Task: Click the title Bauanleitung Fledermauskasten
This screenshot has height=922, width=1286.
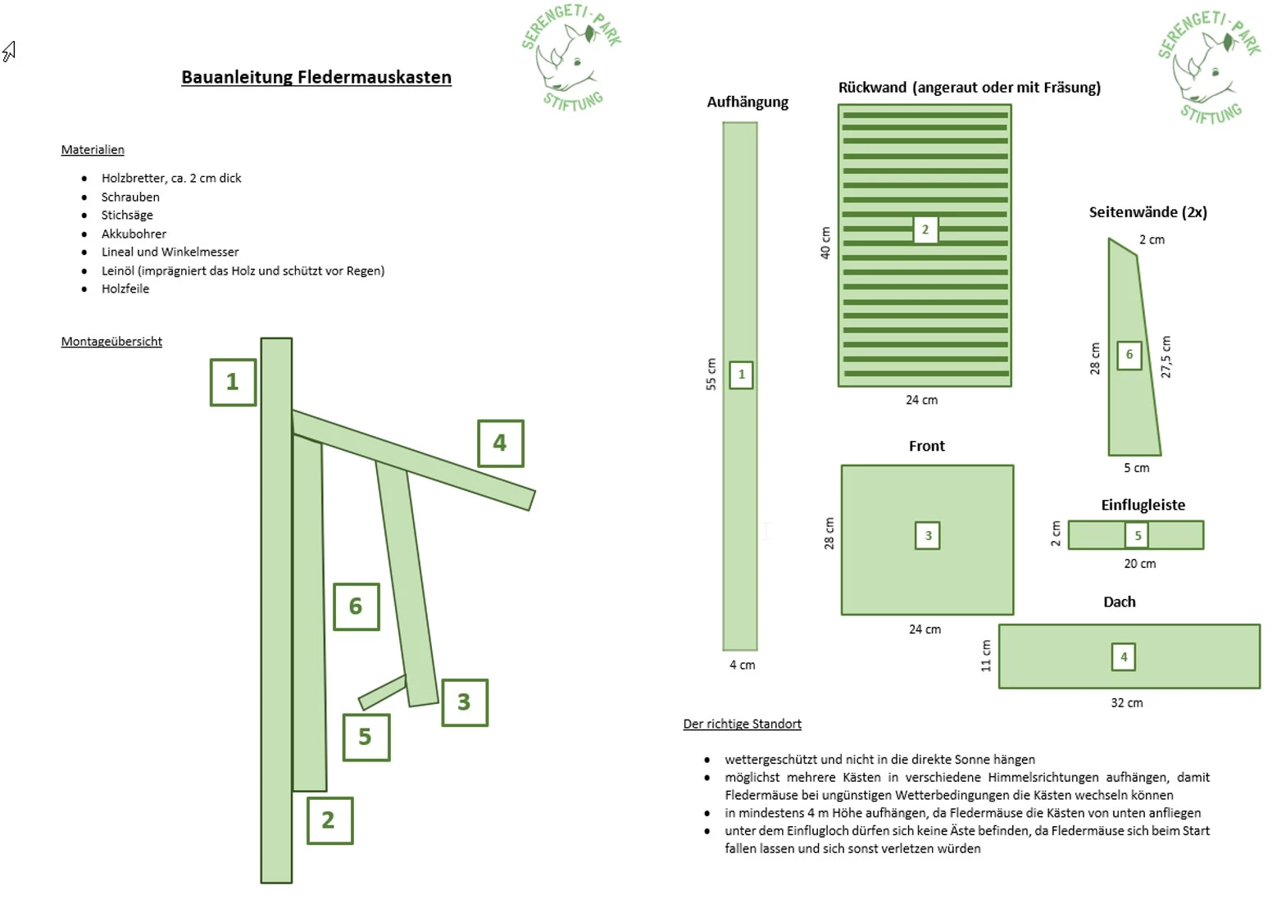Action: tap(316, 77)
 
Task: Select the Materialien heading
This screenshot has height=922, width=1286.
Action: tap(93, 149)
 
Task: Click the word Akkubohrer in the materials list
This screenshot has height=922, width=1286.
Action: tap(134, 234)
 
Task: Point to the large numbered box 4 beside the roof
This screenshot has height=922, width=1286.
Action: tap(500, 443)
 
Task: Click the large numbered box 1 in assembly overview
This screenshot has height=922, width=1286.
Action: tap(233, 382)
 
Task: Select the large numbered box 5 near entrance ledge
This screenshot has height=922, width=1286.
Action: tap(366, 737)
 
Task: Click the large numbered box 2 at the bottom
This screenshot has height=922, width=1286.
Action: tap(329, 820)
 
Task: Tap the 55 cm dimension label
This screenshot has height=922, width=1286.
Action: tap(711, 374)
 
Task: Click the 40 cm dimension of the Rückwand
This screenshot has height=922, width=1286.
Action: tap(825, 243)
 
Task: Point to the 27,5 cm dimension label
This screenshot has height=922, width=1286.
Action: tap(1166, 357)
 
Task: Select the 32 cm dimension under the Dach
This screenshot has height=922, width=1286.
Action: tap(1126, 702)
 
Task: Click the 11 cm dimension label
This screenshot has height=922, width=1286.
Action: tap(985, 656)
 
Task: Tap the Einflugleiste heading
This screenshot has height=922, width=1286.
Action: tap(1143, 505)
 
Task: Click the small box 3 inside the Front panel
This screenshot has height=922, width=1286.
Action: tap(927, 536)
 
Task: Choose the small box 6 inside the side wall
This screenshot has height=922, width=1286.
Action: tap(1129, 355)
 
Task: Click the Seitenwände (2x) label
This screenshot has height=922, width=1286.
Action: tap(1147, 212)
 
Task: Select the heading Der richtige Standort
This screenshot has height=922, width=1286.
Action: tap(742, 724)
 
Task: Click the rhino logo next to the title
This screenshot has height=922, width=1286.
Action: tap(571, 57)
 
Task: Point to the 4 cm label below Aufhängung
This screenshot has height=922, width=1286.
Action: tap(742, 665)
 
